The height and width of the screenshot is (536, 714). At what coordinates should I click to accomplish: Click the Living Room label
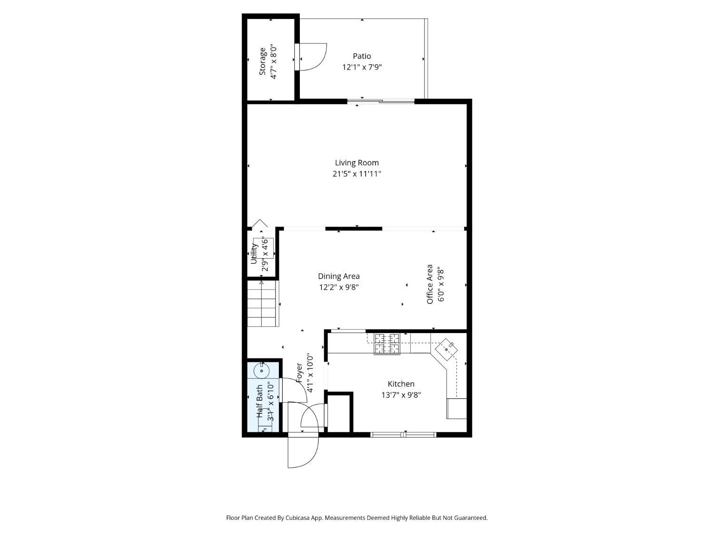pos(357,163)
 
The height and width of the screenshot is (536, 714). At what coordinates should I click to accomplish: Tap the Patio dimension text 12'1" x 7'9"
pos(362,67)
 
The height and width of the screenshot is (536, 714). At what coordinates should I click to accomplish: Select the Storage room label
pos(262,61)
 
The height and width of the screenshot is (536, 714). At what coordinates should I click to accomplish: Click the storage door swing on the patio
pos(312,57)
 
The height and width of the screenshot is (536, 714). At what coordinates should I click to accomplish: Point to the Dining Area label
pos(338,276)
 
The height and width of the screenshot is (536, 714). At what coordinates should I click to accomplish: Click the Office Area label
pos(430,284)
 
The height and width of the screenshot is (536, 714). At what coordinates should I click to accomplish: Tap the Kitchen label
pos(401,384)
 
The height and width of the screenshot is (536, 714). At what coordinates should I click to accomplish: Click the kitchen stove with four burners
pos(387,344)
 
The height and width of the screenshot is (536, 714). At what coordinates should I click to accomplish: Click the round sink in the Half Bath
pos(261,370)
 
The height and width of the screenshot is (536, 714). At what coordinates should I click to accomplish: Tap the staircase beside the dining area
pos(261,303)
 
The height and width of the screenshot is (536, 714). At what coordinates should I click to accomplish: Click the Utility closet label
pos(254,254)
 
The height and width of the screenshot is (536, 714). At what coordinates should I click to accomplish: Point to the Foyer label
pos(299,373)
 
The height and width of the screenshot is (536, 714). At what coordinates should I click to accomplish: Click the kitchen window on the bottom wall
pos(403,434)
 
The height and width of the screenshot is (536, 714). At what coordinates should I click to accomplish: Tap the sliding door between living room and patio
pos(381,101)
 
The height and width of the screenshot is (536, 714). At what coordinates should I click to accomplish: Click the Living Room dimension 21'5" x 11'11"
pos(357,174)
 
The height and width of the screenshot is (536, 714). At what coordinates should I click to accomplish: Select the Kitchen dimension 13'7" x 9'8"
pos(401,395)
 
